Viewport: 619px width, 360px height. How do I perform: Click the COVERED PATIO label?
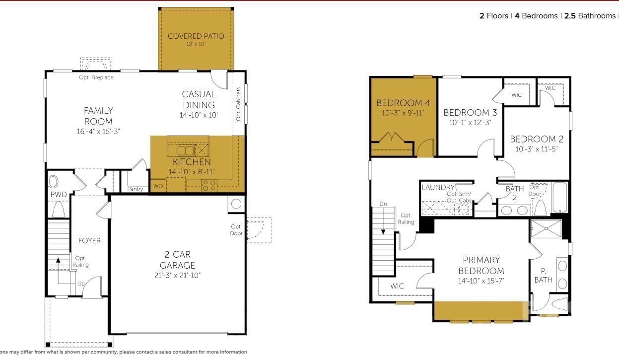pos(196,36)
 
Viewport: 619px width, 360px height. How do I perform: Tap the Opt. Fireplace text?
pos(96,77)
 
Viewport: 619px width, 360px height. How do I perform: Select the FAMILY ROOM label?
pos(98,116)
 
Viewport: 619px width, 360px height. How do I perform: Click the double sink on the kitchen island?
pos(186,150)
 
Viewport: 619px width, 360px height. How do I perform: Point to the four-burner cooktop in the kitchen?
pos(208,186)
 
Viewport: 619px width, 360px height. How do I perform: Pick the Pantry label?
pos(135,189)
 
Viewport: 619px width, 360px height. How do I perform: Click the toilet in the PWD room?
pos(59,209)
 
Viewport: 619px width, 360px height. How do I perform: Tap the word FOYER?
pos(89,241)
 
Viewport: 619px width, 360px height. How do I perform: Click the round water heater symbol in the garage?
pos(236,204)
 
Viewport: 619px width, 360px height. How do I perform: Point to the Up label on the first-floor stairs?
pos(80,284)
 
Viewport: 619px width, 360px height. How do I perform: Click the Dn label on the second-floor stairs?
pos(383,204)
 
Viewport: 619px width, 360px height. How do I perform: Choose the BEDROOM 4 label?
pos(403,103)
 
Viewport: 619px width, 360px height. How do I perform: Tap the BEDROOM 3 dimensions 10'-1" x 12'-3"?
pos(470,123)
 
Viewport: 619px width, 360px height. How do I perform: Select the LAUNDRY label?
pos(438,187)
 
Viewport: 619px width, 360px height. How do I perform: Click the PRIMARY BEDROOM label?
pos(481,265)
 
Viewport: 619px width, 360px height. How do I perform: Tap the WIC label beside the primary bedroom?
pos(397,287)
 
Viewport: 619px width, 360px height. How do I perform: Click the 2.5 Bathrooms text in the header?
pos(590,16)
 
